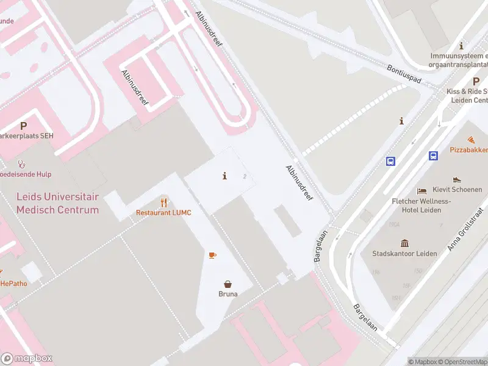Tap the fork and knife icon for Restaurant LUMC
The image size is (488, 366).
(x=163, y=203)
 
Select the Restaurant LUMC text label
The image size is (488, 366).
(x=163, y=213)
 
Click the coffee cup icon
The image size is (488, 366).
(x=212, y=254)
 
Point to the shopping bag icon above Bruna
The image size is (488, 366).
(x=228, y=284)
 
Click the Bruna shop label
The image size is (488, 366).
(x=228, y=293)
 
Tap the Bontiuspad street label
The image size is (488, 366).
(x=404, y=74)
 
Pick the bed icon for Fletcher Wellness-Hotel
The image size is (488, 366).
(x=422, y=191)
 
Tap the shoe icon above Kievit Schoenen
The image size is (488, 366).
(x=457, y=180)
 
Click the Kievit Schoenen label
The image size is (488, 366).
(x=457, y=190)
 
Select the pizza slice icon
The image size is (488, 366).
(x=471, y=140)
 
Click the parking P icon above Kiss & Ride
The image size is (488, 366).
(x=476, y=81)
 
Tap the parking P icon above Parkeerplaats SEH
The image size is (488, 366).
(x=24, y=126)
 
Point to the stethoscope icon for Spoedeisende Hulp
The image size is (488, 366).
(x=21, y=164)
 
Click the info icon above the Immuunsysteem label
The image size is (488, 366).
(x=462, y=46)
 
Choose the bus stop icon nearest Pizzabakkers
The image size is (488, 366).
(x=434, y=156)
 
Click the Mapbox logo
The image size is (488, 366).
(x=27, y=359)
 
